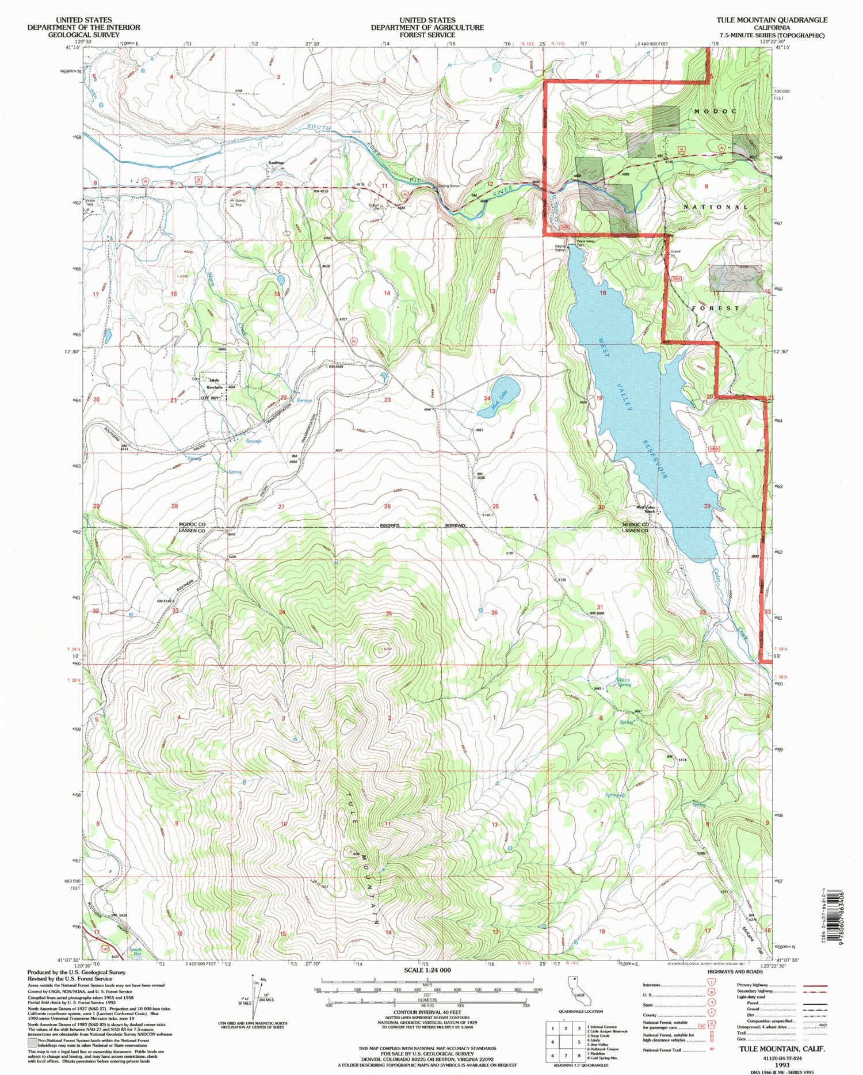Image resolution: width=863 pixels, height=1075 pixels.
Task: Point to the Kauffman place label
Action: click(x=276, y=163)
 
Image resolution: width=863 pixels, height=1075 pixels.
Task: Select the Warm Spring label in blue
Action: click(x=624, y=683)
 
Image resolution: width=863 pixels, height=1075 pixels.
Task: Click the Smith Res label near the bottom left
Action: click(x=135, y=951)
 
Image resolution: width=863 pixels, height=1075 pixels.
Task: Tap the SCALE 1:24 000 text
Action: click(x=427, y=970)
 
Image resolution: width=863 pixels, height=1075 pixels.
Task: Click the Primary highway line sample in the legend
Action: click(x=812, y=986)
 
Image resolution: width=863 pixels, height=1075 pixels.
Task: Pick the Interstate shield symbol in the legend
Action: click(x=711, y=986)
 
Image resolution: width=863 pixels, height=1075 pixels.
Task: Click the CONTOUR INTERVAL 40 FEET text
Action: click(x=427, y=1011)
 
